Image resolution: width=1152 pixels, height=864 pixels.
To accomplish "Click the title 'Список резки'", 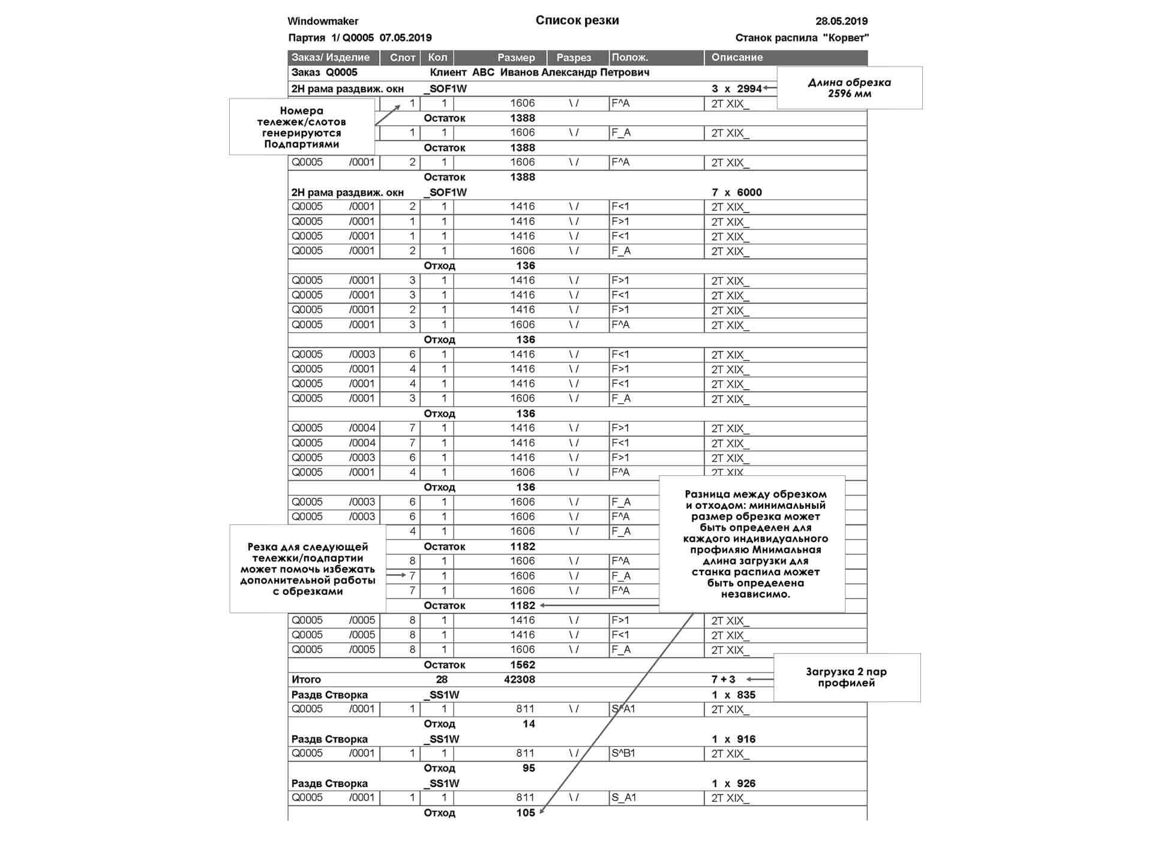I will point(577,20).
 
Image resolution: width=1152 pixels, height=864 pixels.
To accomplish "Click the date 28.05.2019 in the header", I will point(841,21).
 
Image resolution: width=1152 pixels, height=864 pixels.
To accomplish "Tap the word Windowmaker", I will point(323,21).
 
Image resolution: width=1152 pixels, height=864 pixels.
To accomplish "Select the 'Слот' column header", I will point(402,58).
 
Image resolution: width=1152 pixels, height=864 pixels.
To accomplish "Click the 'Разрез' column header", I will point(574,58).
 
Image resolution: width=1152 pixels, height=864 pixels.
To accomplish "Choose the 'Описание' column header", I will point(737,58).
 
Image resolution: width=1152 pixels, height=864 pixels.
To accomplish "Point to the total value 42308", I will point(519,679).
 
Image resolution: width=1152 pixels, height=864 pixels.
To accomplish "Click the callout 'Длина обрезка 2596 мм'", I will point(849,88).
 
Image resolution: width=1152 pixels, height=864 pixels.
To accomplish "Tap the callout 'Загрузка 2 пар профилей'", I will point(846,677).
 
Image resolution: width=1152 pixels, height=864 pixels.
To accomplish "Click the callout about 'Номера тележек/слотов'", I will point(301,127).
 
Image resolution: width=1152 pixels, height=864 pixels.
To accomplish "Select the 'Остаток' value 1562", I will point(522,665).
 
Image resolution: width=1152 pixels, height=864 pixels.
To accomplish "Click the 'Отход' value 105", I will point(525,813).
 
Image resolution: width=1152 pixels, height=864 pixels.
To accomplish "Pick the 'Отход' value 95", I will point(528,768).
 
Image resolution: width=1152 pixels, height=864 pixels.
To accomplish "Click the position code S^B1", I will point(623,753).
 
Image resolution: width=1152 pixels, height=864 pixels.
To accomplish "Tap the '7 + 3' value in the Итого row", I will point(723,679).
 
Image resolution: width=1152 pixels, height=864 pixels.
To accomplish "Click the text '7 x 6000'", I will point(736,193).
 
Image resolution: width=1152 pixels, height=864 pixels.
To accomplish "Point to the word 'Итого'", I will point(306,679).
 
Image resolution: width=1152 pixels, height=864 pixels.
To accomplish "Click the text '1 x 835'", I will point(733,695).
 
